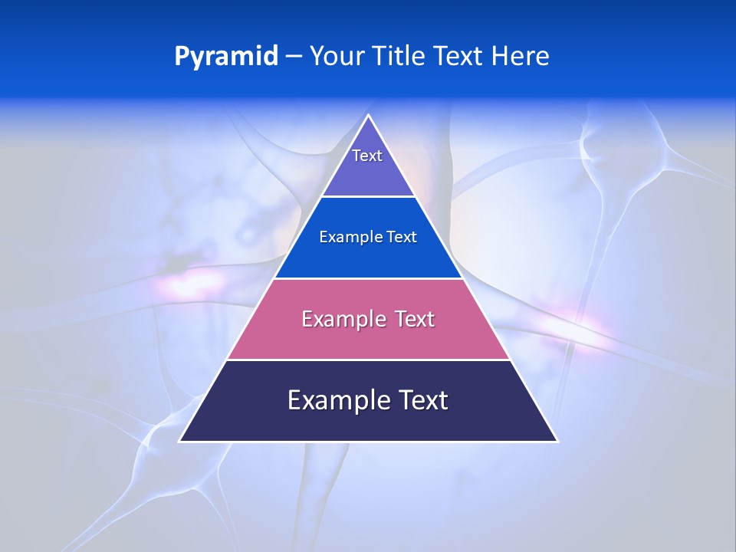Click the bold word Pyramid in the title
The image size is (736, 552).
(x=225, y=57)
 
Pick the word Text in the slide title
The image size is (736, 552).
(x=460, y=57)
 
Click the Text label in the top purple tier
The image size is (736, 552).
(x=367, y=156)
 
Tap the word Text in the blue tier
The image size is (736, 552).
(x=402, y=238)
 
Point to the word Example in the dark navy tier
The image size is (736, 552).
(x=336, y=400)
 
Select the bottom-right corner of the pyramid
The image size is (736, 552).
(x=557, y=441)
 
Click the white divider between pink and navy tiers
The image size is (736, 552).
(x=368, y=360)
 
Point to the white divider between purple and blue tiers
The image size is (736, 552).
(x=368, y=197)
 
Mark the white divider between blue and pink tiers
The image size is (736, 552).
(x=368, y=278)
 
